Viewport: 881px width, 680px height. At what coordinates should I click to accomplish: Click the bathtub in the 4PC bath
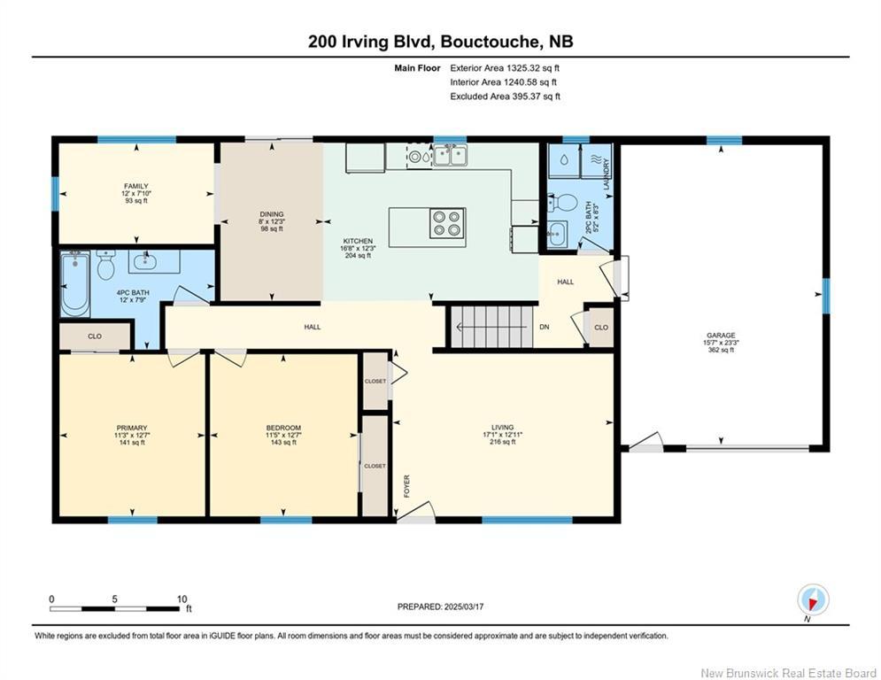click(74, 284)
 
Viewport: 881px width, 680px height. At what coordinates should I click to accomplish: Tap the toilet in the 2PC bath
click(563, 203)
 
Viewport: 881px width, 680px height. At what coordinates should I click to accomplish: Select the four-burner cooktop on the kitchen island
click(447, 223)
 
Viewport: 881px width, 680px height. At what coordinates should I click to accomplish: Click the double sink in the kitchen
click(450, 155)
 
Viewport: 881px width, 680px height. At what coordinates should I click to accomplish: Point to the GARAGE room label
click(721, 335)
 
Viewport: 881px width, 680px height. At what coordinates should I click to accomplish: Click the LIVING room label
click(502, 427)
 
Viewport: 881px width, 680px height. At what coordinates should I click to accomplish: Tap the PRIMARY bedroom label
click(132, 428)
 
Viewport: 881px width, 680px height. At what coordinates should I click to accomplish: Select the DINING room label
click(272, 214)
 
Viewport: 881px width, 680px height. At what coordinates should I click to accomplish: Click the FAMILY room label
click(136, 186)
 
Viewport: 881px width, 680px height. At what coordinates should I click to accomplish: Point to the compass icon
click(813, 600)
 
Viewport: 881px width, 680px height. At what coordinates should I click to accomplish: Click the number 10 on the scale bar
click(182, 599)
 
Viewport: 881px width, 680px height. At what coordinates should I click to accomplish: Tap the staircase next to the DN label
click(491, 327)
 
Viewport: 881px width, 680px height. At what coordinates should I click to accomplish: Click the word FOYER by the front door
click(406, 486)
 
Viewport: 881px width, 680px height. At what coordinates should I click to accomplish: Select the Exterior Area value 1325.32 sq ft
click(533, 68)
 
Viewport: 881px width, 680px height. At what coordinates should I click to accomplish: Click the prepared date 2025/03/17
click(464, 607)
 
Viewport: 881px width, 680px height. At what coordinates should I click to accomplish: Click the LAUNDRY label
click(607, 174)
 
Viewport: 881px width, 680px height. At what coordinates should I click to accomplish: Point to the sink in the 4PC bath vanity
click(145, 261)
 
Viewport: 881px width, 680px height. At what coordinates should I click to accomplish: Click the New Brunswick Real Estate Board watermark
click(788, 673)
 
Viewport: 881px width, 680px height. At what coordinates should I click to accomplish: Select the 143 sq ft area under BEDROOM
click(283, 443)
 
